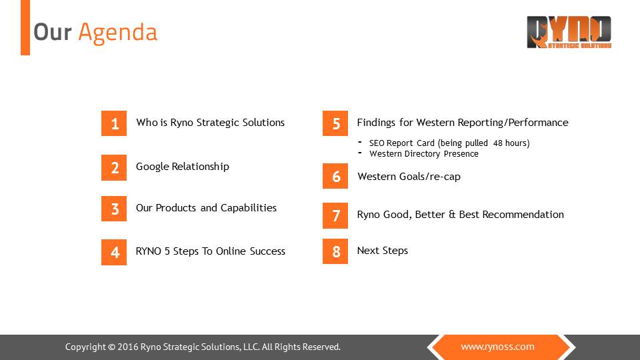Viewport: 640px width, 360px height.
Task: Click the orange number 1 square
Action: pyautogui.click(x=114, y=123)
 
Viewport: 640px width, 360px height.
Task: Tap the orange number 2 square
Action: pyautogui.click(x=114, y=167)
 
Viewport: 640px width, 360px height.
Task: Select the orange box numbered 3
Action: pyautogui.click(x=114, y=209)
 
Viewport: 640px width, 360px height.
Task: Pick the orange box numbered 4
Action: pyautogui.click(x=114, y=252)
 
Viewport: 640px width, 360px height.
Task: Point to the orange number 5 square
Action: pyautogui.click(x=335, y=123)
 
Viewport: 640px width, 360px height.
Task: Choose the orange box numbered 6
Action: pyautogui.click(x=335, y=176)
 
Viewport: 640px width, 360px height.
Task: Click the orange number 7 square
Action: pyautogui.click(x=335, y=215)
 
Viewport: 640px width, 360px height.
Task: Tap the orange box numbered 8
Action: pyautogui.click(x=335, y=251)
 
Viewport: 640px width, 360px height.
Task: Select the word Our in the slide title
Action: pyautogui.click(x=52, y=32)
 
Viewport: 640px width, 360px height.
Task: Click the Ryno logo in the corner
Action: pyautogui.click(x=569, y=32)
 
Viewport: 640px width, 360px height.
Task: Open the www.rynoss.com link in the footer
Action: pyautogui.click(x=497, y=347)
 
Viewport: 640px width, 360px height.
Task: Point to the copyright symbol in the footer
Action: pyautogui.click(x=111, y=347)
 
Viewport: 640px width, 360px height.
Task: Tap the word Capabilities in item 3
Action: pyautogui.click(x=249, y=208)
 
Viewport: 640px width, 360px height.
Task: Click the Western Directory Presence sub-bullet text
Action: pyautogui.click(x=424, y=154)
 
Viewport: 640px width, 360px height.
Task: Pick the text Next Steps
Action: pyautogui.click(x=383, y=251)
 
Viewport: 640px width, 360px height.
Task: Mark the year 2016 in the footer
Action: pyautogui.click(x=128, y=347)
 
